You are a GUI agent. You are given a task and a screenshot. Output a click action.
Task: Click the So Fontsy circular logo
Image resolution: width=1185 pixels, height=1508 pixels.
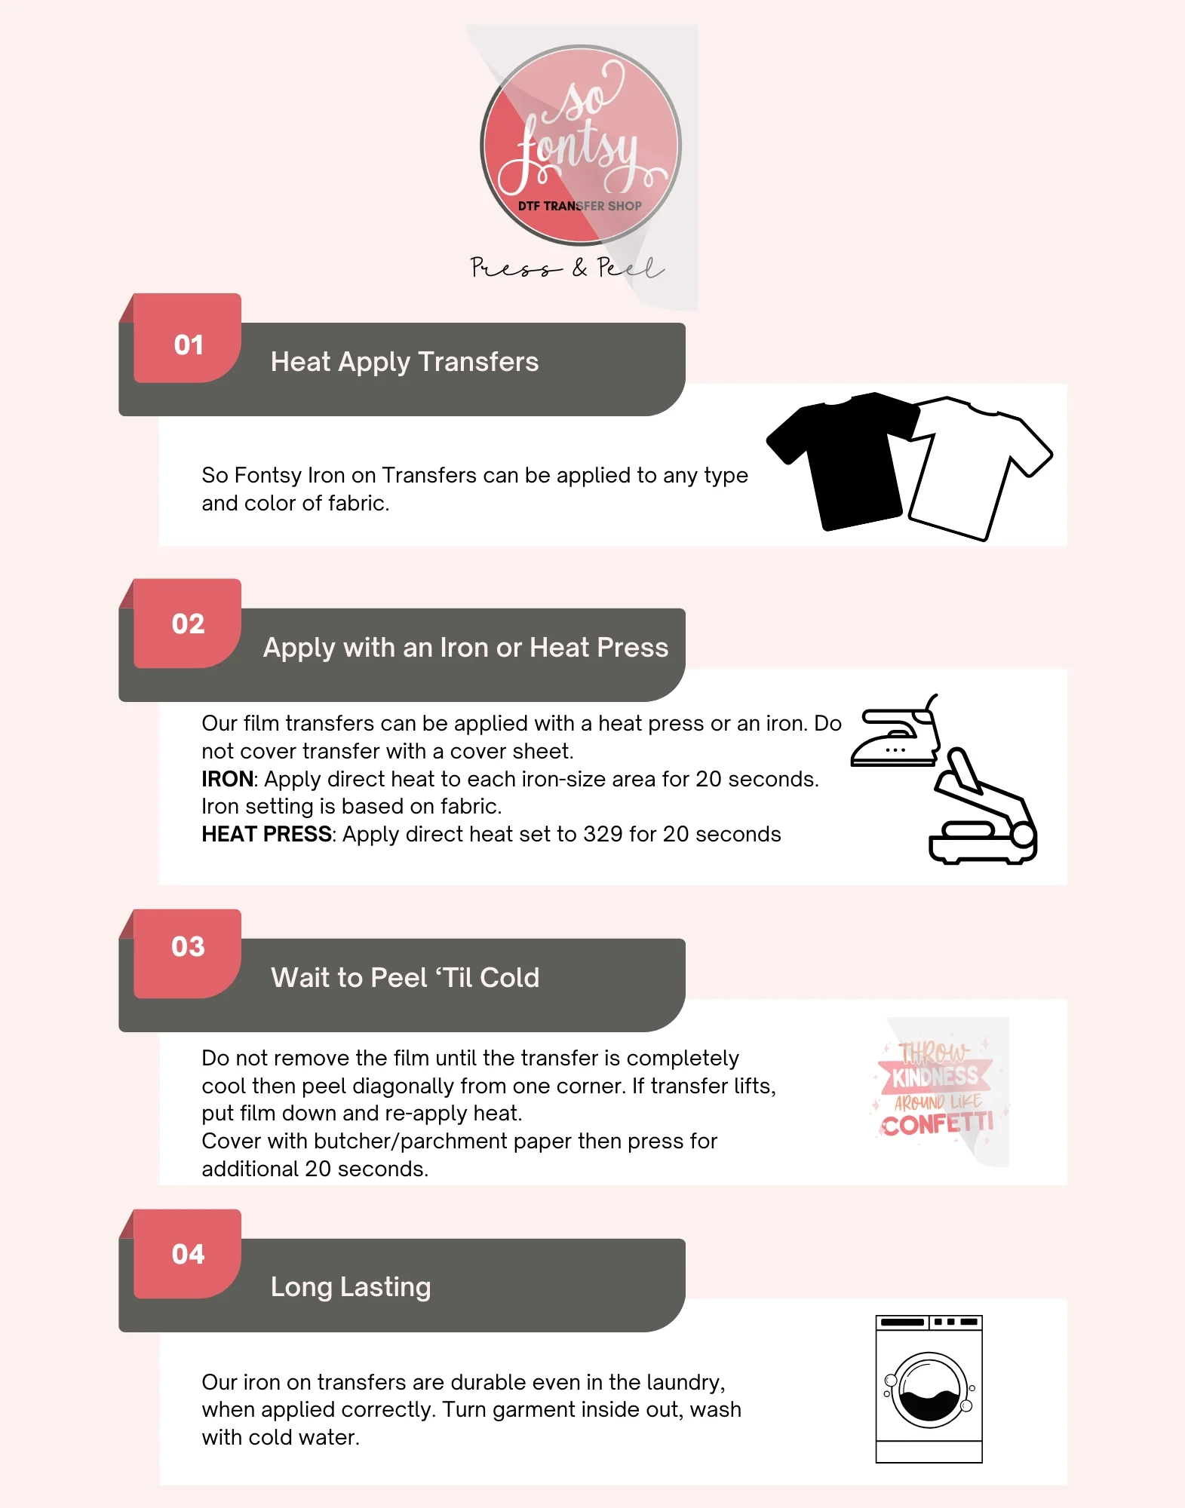580,145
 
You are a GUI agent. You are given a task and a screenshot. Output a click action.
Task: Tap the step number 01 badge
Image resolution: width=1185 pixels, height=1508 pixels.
188,345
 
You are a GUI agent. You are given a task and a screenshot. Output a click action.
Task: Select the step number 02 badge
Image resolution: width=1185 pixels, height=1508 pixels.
188,624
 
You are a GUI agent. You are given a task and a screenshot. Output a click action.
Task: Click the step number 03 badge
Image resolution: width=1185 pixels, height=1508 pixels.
188,946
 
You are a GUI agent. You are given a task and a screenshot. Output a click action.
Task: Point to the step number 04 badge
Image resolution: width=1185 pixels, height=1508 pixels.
188,1254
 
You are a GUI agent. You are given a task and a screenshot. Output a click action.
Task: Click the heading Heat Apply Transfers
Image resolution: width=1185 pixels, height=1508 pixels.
404,362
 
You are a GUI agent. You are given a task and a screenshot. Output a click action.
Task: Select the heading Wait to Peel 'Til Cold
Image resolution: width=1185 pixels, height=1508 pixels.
405,978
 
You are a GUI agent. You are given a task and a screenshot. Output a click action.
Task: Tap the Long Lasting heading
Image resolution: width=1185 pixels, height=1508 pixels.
351,1286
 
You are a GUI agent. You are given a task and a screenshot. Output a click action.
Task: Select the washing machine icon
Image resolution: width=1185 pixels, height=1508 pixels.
929,1389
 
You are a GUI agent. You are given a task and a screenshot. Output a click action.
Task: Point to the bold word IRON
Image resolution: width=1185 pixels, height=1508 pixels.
227,779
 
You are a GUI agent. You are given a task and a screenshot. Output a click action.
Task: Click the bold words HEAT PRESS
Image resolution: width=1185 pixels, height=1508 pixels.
266,834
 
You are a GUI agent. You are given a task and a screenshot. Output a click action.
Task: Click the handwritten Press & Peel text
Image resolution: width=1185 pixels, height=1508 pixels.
566,268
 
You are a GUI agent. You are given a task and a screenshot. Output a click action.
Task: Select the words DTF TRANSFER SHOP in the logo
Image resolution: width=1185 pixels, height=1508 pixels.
579,206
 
